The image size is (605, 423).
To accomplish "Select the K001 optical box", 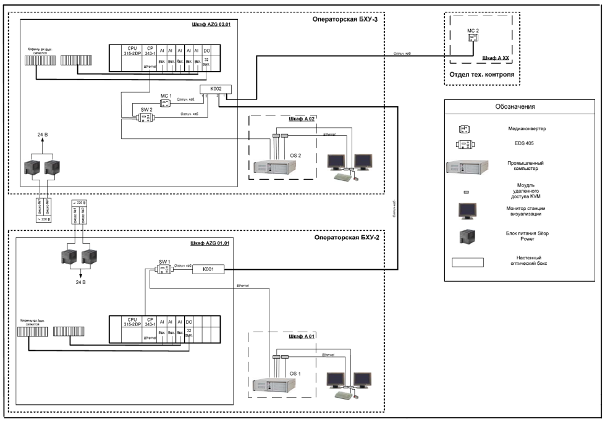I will [x=209, y=269].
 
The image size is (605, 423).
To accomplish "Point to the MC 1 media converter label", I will [x=165, y=96].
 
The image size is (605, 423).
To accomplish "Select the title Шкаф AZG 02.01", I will [x=213, y=25].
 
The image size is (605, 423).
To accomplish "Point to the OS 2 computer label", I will [x=295, y=156].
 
